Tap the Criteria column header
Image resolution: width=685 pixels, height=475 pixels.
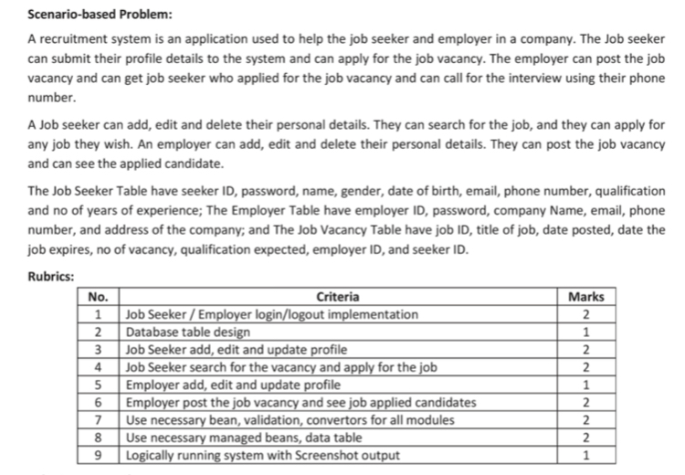coord(337,296)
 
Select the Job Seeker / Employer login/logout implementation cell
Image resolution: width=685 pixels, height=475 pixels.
coord(271,314)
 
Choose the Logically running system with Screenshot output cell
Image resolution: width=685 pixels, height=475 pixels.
coord(260,455)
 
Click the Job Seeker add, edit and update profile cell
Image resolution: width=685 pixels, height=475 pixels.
coord(236,349)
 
